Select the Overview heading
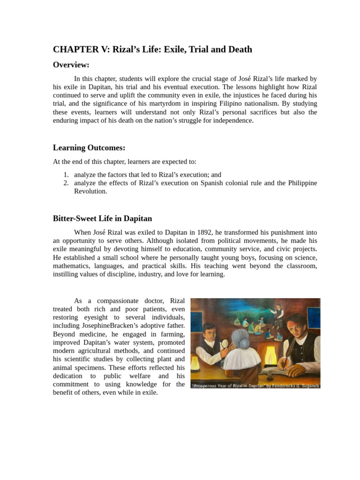click(x=71, y=65)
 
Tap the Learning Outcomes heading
click(x=89, y=148)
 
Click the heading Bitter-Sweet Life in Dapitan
click(x=102, y=218)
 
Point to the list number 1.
click(x=66, y=174)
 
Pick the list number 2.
click(x=66, y=183)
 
